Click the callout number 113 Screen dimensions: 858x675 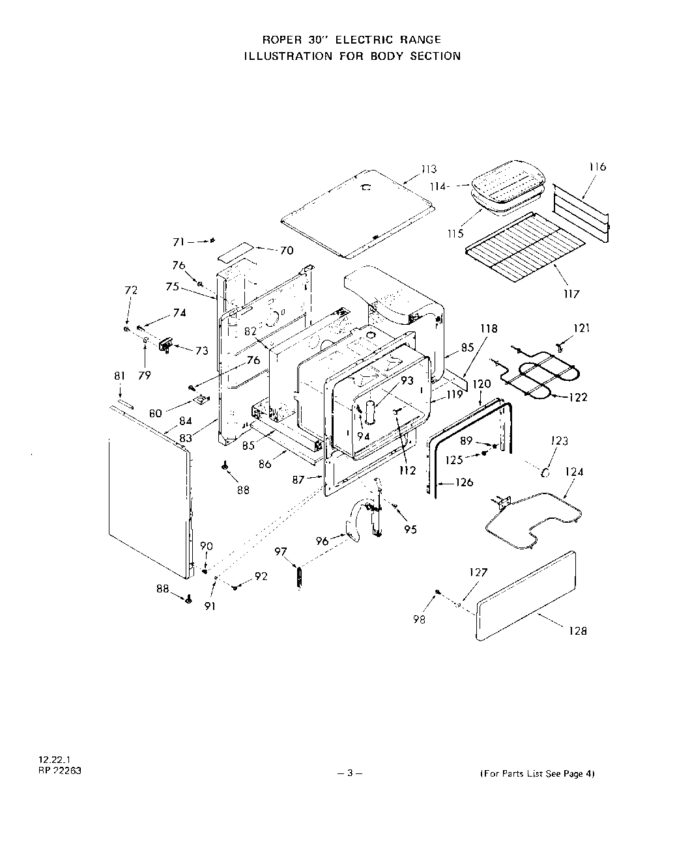pyautogui.click(x=428, y=170)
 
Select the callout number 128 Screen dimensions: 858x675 pyautogui.click(x=577, y=630)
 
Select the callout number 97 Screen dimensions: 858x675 pyautogui.click(x=281, y=552)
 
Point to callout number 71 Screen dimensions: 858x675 pyautogui.click(x=179, y=242)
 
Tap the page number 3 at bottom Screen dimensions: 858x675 pyautogui.click(x=350, y=773)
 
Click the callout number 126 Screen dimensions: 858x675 pyautogui.click(x=464, y=482)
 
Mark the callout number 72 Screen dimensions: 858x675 pyautogui.click(x=131, y=290)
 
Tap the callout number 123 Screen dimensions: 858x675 pyautogui.click(x=559, y=441)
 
